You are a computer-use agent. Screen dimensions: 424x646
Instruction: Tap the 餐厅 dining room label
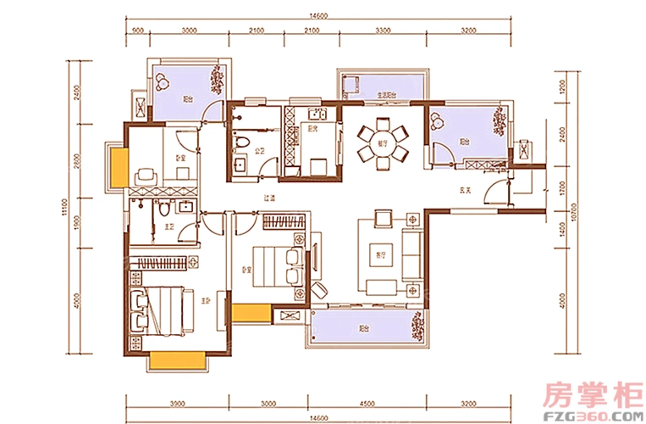[x=382, y=144]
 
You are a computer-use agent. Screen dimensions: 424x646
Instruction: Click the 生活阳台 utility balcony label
[x=388, y=94]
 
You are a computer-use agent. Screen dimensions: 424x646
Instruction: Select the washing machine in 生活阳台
[x=354, y=84]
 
